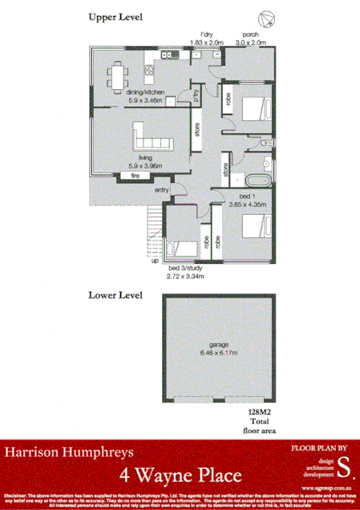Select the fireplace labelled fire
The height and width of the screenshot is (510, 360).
(x=136, y=175)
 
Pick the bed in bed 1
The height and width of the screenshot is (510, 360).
(x=250, y=225)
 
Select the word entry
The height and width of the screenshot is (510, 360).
(x=162, y=189)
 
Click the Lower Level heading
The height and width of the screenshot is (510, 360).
(x=115, y=294)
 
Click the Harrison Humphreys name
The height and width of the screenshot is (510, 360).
(x=61, y=453)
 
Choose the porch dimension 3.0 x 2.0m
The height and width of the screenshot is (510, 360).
(x=249, y=42)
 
